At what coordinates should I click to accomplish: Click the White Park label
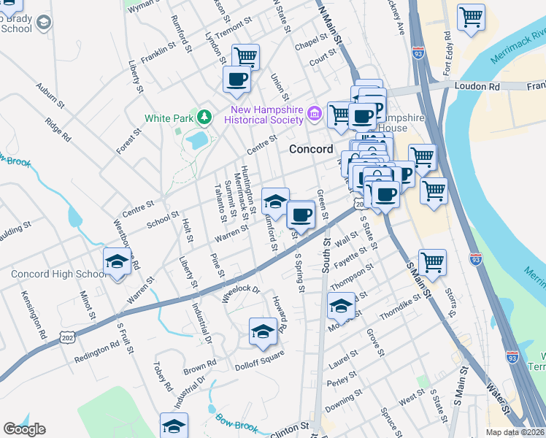click(167, 118)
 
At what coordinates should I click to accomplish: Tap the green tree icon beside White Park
click(206, 117)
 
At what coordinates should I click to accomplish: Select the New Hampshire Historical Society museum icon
click(315, 113)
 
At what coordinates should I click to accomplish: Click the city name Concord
click(311, 148)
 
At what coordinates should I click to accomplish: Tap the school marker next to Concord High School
click(116, 261)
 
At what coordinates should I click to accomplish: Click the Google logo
click(24, 429)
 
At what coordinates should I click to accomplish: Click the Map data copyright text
click(515, 432)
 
